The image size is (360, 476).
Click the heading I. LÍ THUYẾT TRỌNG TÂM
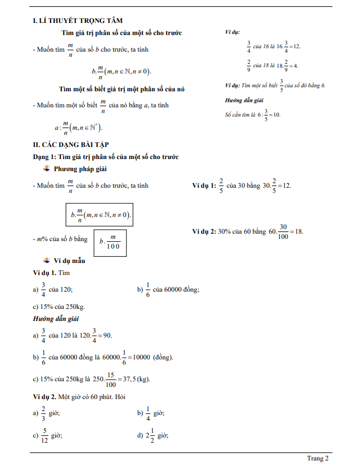click(77, 21)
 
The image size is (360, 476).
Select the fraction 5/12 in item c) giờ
click(44, 436)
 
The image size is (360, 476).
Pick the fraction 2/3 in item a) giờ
click(43, 413)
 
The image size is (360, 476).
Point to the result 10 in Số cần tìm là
click(277, 115)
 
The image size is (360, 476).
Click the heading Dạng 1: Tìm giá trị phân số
click(106, 157)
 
